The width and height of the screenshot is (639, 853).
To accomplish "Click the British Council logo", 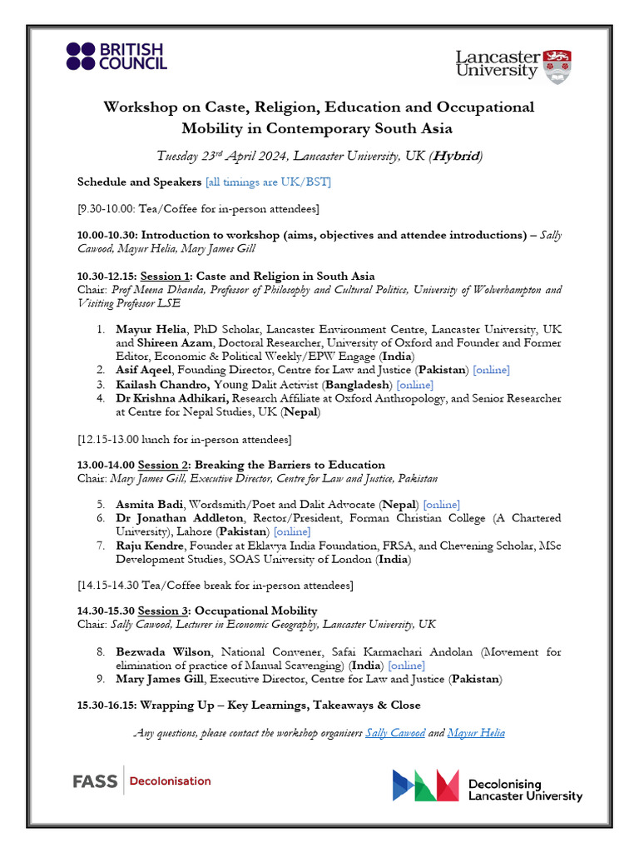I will [x=116, y=56].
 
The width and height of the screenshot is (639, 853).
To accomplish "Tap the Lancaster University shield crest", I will [x=557, y=66].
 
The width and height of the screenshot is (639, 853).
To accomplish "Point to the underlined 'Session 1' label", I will [x=166, y=276].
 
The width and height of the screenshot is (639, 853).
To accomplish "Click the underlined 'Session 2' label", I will [x=164, y=465].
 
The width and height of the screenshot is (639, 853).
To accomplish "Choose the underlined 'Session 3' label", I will [x=165, y=611].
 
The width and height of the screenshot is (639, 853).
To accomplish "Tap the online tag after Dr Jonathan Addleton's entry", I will [x=292, y=531].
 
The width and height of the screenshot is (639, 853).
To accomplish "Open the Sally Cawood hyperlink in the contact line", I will [x=395, y=733].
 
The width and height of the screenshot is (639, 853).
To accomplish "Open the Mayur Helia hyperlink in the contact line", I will [x=475, y=733].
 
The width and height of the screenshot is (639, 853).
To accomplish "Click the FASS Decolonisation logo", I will [x=141, y=781].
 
